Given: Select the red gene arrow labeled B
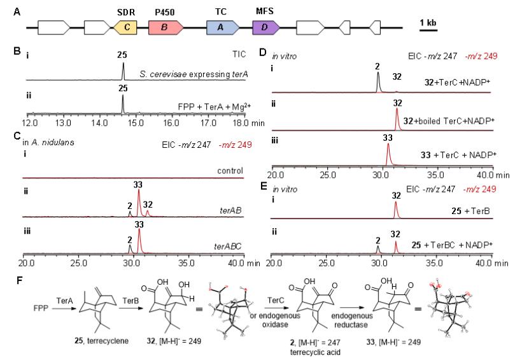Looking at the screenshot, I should [x=166, y=27].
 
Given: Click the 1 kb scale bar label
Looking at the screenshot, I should [x=428, y=23].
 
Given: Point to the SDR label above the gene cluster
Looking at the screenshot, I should [x=126, y=11].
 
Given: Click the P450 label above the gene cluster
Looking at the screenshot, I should [x=165, y=11].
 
